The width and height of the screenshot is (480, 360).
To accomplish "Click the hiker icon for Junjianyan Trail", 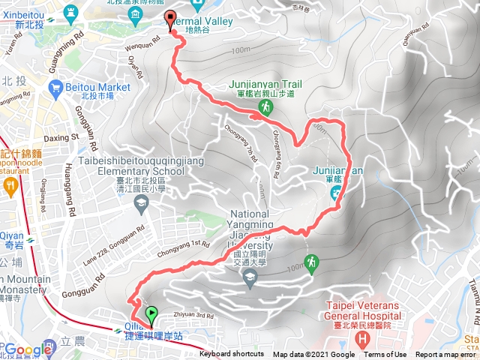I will pos(265,109).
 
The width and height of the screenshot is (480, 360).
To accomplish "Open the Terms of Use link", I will pos(385,355).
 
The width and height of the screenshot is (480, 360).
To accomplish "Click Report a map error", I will pos(446,355).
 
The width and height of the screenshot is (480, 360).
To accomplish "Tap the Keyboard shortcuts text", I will pos(232,355).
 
